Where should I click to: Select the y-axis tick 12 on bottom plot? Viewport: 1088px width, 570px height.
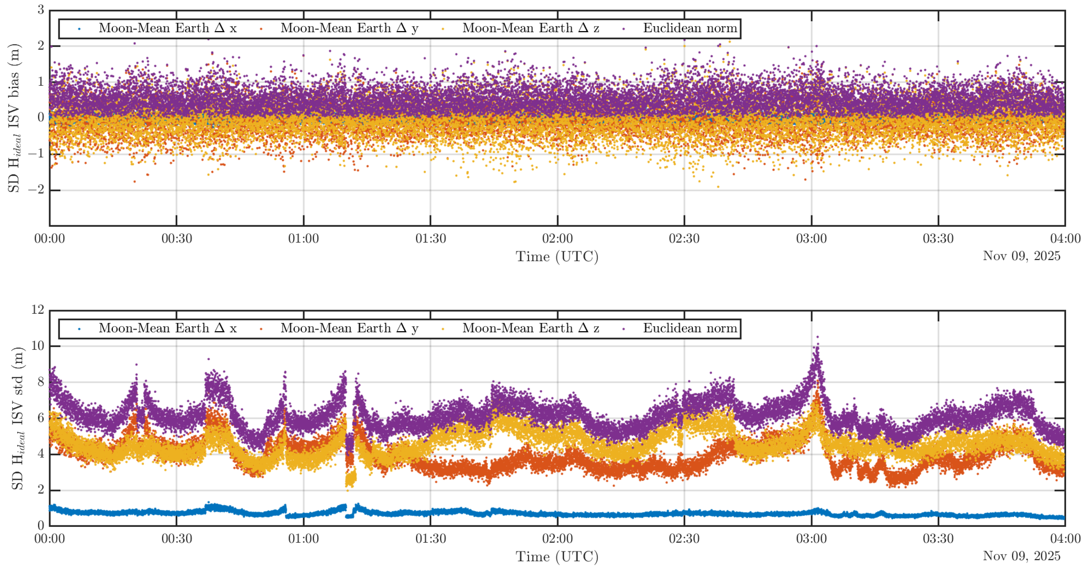coord(38,310)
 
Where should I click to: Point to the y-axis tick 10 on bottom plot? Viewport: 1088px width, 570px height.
coord(38,346)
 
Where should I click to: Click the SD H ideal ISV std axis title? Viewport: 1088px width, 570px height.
coord(17,418)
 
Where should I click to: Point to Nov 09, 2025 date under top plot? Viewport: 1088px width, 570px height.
coord(1021,256)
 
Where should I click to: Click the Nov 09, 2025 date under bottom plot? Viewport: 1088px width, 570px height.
coord(1021,556)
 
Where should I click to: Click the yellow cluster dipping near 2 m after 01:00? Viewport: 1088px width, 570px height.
coord(350,480)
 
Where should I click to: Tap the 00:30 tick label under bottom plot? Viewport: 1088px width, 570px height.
coord(177,539)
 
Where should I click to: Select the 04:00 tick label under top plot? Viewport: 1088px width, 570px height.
coord(1065,239)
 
